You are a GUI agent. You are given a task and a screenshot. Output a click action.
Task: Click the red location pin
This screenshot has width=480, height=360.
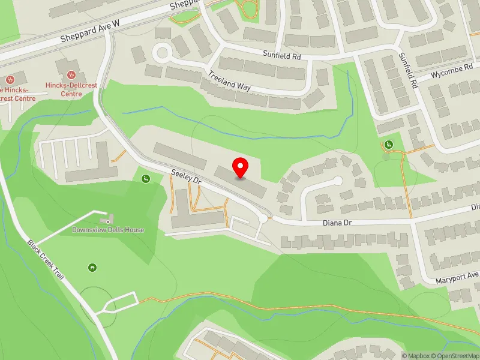(x=241, y=167)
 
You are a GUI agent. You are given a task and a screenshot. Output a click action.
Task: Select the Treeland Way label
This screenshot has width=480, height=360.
(x=229, y=82)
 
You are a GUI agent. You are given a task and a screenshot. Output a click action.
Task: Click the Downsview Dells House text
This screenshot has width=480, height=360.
(x=108, y=230)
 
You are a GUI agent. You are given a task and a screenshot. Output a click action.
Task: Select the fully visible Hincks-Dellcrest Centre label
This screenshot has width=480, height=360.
(x=71, y=89)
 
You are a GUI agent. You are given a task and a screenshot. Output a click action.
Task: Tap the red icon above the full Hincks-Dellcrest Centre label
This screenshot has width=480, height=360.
(x=71, y=75)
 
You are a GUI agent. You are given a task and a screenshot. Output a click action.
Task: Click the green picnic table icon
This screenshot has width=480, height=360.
(x=92, y=267)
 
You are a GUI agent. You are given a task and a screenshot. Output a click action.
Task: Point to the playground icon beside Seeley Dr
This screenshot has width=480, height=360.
(x=145, y=178)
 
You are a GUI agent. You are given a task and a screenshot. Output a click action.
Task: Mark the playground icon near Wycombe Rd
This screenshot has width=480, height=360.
(x=388, y=145)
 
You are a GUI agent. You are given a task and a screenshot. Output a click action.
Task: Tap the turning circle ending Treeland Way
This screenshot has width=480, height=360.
(x=161, y=52)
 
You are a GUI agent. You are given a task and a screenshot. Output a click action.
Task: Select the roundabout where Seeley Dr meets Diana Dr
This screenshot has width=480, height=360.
(x=263, y=219)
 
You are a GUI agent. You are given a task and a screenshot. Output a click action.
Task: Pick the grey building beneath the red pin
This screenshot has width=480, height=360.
(x=241, y=182)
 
